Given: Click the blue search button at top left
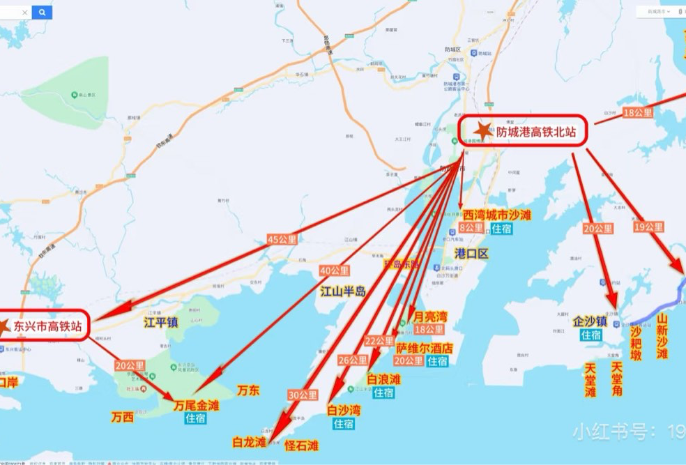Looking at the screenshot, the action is pos(42,12).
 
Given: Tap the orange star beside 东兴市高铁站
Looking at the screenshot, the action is pos(3,325).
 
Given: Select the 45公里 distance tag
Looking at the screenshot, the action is pos(282,240).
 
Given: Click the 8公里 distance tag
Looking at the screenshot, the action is pos(471,228).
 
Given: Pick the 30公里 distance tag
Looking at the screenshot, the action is pos(303,395).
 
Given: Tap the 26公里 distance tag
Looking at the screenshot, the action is pos(353,360).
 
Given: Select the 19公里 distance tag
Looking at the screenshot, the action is pos(648,227).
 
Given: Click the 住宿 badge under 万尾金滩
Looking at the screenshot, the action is pos(195,418).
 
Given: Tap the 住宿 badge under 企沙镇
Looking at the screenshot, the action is pos(591,335).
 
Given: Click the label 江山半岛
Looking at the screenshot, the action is pos(342,291).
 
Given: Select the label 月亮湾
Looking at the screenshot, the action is pos(430,317).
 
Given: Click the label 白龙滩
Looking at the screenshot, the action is pos(250,442).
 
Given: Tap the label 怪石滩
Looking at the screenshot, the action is pos(302,445).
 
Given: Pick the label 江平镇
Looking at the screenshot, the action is pos(162,323).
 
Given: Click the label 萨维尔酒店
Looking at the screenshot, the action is pos(425,347).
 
